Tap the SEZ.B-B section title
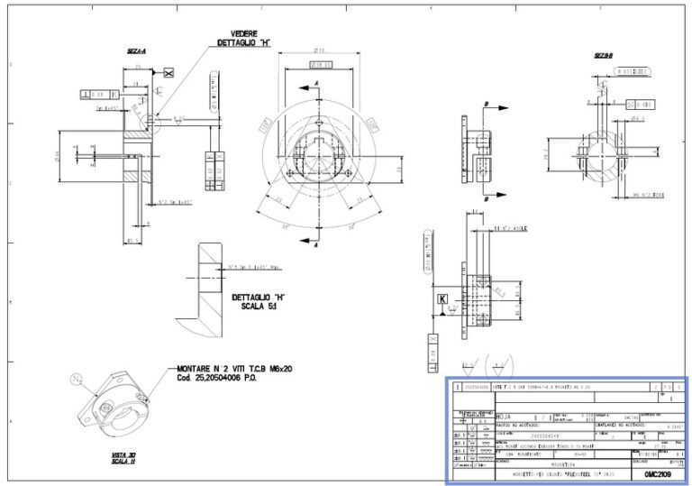(x=603, y=56)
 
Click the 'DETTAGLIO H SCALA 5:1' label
(x=258, y=300)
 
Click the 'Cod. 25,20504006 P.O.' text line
(x=222, y=379)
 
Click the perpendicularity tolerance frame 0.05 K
(x=96, y=93)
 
